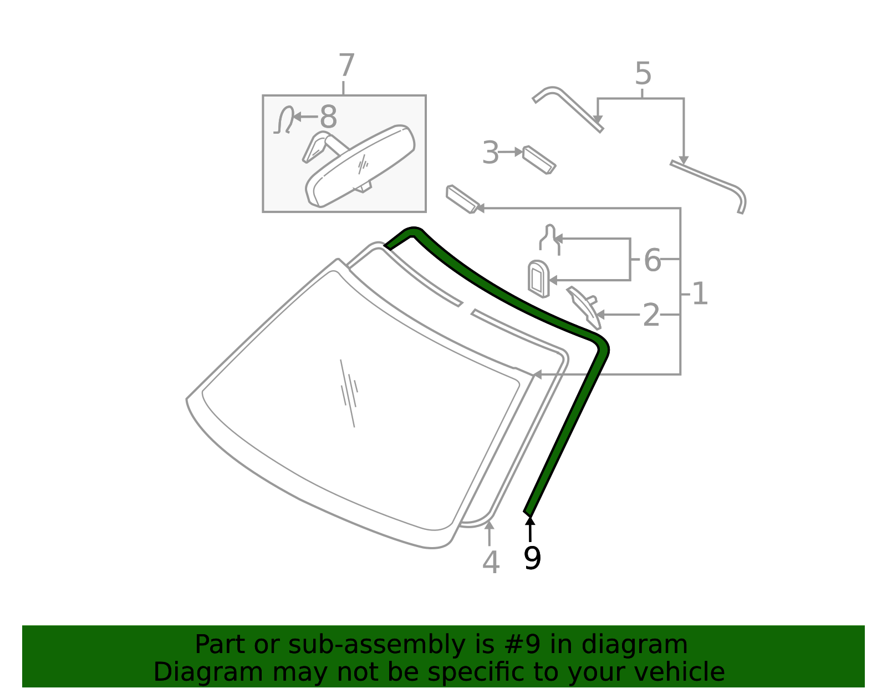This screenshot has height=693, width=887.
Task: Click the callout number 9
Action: [532, 558]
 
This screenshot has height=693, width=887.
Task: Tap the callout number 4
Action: [491, 562]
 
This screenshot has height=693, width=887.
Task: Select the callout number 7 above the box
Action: [346, 65]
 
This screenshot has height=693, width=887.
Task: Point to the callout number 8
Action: [329, 117]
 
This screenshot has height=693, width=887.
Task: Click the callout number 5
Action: [643, 74]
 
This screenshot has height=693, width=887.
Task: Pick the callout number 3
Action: [490, 153]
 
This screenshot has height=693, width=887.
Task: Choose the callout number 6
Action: [652, 260]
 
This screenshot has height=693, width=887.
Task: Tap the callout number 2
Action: [651, 315]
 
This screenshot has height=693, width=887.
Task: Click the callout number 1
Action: [700, 294]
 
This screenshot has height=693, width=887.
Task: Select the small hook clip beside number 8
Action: [284, 120]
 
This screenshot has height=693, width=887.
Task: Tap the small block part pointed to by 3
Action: [539, 160]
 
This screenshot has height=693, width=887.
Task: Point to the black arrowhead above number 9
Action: [530, 520]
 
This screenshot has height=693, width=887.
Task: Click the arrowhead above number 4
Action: [489, 525]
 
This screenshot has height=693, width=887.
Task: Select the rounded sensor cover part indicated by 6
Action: [538, 279]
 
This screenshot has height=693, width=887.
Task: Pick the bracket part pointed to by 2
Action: [584, 307]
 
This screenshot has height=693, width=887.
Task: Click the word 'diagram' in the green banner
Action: [634, 646]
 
